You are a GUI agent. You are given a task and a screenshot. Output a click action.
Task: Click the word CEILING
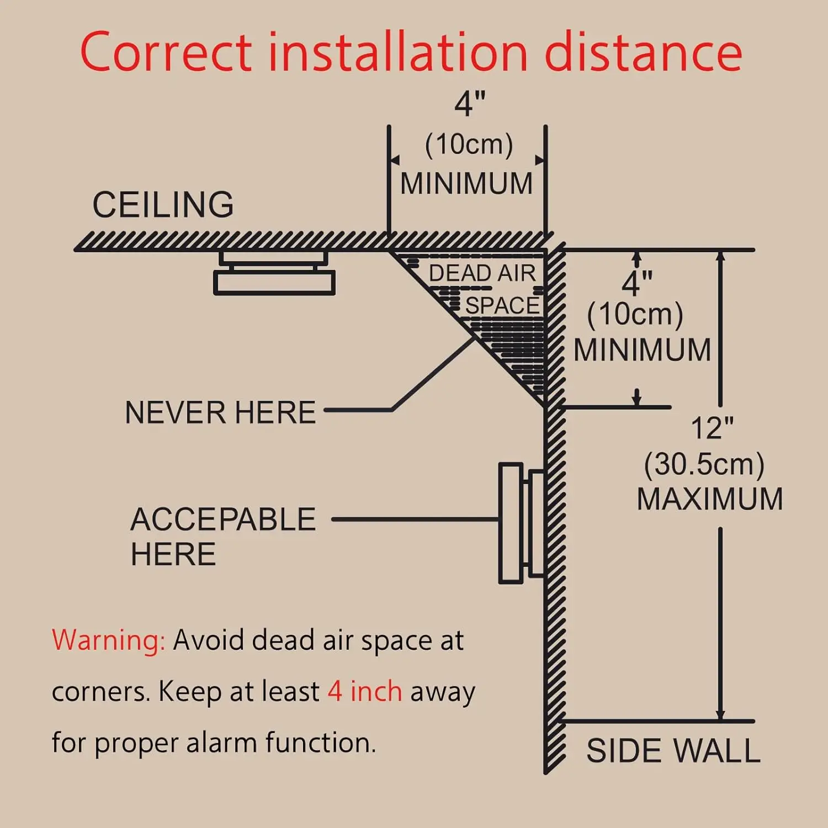(163, 205)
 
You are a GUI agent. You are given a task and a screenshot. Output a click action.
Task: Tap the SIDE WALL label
(673, 751)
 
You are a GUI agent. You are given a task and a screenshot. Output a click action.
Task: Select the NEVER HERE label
(220, 412)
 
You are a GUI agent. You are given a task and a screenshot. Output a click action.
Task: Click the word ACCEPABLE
(223, 519)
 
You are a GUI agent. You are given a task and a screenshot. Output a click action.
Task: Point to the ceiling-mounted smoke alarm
(274, 274)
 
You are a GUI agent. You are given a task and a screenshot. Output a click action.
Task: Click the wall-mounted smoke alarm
(521, 523)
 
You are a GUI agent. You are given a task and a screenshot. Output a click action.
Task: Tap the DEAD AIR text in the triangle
(482, 273)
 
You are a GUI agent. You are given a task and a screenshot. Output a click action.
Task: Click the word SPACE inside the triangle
(502, 305)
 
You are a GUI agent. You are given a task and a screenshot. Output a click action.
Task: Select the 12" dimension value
(712, 428)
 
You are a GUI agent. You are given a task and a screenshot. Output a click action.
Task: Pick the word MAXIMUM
(710, 499)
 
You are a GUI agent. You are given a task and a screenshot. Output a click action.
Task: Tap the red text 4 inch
(365, 691)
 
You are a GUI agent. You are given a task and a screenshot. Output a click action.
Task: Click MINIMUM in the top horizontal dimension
(466, 183)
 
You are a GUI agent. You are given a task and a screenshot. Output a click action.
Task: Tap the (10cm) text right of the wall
(635, 314)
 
